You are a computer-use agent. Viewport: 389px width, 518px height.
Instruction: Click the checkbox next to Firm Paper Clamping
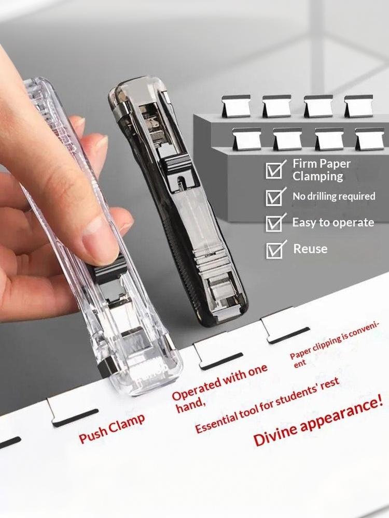[x=274, y=170]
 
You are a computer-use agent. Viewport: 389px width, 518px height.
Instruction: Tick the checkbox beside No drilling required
[x=274, y=197]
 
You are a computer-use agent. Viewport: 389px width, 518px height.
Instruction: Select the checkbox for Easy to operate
[x=274, y=223]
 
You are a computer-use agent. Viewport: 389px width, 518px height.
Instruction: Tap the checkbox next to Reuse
[x=274, y=250]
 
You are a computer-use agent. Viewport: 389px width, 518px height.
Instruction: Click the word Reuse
[x=310, y=249]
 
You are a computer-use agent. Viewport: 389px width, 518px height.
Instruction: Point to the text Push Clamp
[x=112, y=428]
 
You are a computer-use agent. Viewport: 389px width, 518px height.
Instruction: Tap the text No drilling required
[x=334, y=196]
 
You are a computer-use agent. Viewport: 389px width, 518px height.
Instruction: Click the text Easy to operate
[x=333, y=222]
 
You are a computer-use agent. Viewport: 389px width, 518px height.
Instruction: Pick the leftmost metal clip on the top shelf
[x=236, y=106]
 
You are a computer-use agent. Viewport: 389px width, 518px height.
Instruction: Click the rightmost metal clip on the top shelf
[x=358, y=106]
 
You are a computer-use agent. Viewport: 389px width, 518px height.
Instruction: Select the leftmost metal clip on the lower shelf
[x=247, y=139]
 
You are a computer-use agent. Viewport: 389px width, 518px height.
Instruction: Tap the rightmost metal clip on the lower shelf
[x=370, y=139]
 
